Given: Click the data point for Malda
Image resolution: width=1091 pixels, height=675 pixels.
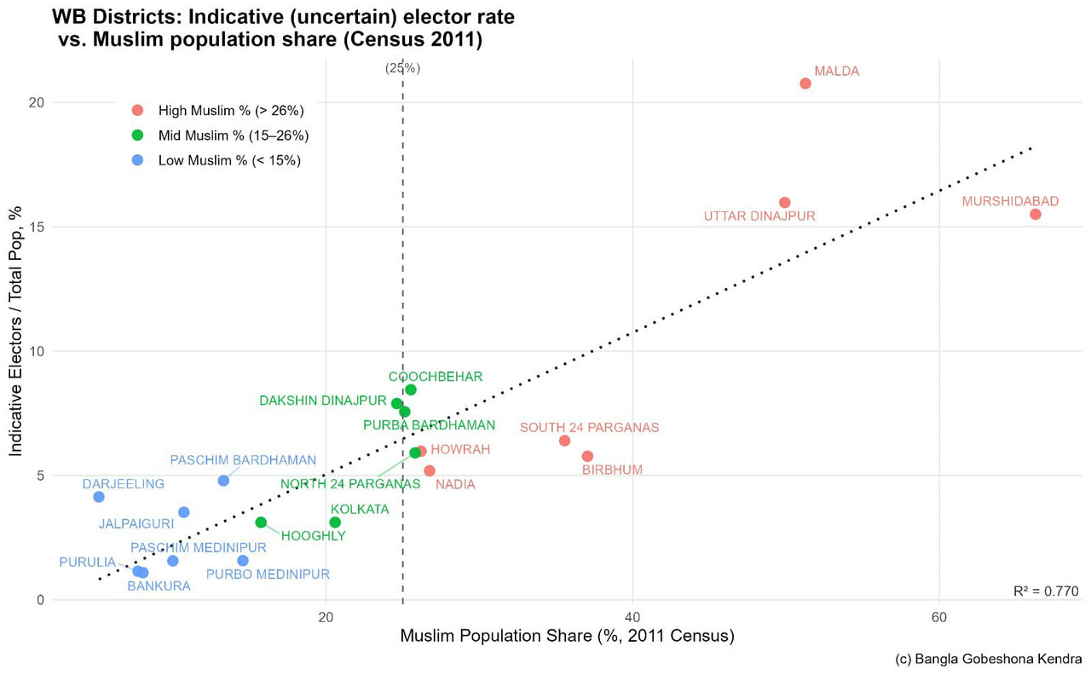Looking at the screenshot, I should click(805, 84).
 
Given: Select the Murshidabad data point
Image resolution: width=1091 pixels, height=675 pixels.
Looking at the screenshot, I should click(1035, 214).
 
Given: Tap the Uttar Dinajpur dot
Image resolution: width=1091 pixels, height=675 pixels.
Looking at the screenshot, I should click(784, 203).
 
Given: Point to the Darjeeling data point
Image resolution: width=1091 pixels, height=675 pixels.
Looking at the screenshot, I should click(99, 497).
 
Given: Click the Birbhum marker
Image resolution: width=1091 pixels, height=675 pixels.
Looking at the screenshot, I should click(587, 457).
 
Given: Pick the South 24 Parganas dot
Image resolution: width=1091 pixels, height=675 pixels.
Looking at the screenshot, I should click(564, 441).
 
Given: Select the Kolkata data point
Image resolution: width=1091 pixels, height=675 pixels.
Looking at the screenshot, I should click(335, 522).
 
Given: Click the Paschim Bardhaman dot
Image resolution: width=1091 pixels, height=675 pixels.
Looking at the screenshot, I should click(223, 481).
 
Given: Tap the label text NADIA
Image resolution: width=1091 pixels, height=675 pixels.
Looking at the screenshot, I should click(455, 485).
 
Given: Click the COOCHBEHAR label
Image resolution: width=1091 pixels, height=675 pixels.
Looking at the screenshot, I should click(436, 377).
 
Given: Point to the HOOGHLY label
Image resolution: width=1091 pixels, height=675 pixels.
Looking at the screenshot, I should click(313, 536).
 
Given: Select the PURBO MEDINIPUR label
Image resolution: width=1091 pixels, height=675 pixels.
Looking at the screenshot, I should click(268, 574).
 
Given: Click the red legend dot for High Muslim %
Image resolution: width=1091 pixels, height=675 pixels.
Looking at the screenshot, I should click(138, 110).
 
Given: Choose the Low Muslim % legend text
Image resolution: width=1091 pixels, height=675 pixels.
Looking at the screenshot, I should click(229, 160).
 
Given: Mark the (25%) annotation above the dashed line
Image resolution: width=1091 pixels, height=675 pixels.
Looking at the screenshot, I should click(402, 68).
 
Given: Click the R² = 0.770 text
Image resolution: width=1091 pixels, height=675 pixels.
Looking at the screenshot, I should click(1046, 591).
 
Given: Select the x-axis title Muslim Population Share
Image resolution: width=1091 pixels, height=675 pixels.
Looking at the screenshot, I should click(567, 636).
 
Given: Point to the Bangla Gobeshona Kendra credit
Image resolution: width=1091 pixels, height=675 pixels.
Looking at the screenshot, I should click(989, 659).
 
